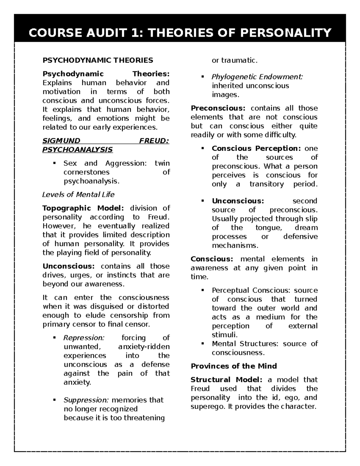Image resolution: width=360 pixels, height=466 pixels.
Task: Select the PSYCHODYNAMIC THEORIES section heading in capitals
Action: tap(98, 60)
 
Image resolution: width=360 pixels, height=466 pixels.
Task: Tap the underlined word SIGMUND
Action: tap(61, 141)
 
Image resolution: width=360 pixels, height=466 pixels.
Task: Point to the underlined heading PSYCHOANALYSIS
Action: tap(77, 149)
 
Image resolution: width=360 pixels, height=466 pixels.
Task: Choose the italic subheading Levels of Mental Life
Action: tap(78, 194)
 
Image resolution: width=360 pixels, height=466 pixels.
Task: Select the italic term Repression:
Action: tap(84, 338)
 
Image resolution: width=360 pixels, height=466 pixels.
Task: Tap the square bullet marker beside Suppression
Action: tap(54, 400)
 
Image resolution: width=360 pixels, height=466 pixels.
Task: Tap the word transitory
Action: tap(266, 184)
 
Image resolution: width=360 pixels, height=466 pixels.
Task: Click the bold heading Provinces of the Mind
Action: tap(234, 366)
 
